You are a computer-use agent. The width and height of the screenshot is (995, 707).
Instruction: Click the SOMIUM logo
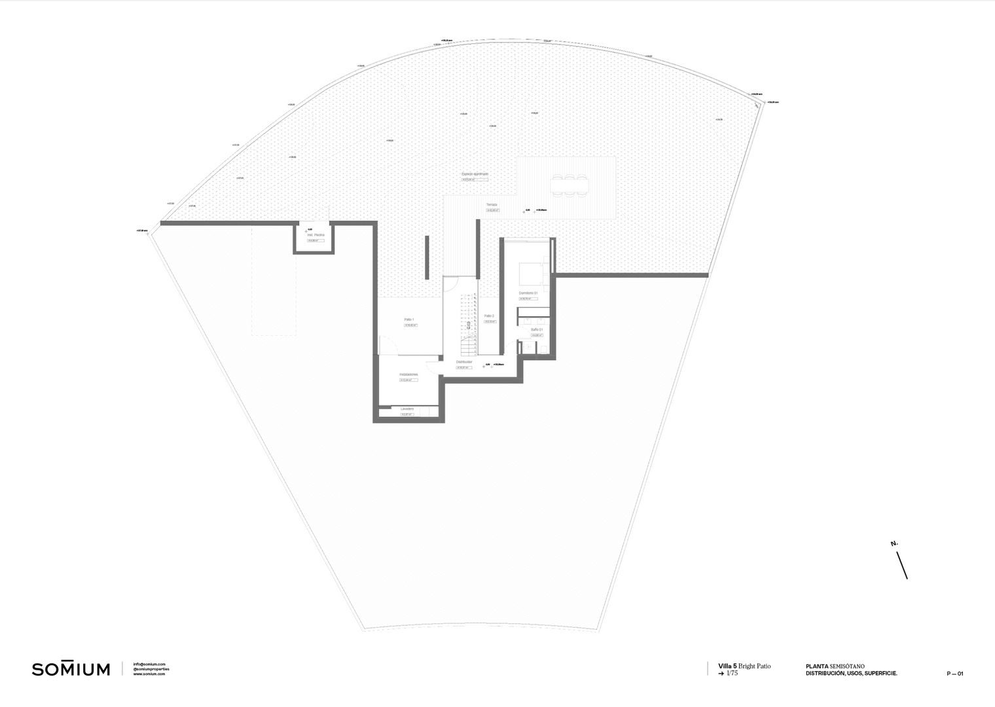(x=71, y=669)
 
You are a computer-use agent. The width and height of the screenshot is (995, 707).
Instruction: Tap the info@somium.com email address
(x=149, y=664)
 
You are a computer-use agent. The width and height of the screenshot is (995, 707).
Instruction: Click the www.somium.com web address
(x=149, y=674)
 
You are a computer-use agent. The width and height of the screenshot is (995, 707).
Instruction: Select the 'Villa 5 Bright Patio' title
(x=744, y=666)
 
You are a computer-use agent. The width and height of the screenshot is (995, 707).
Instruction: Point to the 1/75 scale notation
(x=731, y=673)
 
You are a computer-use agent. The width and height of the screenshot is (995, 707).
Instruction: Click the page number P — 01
(x=954, y=674)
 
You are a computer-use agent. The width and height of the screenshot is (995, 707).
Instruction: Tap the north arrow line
(x=901, y=564)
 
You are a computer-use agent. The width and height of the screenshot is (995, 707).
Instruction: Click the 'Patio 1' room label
(x=409, y=319)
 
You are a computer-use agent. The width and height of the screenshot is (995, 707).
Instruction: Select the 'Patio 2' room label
(x=489, y=316)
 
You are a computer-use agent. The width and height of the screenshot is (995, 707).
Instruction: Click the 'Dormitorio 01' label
(x=528, y=293)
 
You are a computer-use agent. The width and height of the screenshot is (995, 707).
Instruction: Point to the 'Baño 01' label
(x=537, y=329)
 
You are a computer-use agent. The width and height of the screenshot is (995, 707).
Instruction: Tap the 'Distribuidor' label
(x=464, y=361)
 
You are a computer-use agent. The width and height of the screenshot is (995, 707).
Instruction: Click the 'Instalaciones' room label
(x=408, y=374)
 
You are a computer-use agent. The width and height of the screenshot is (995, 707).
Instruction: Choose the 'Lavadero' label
(x=407, y=408)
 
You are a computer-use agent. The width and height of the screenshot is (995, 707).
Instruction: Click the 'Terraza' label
(x=492, y=205)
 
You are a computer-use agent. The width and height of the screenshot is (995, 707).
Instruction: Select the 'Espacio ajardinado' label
(x=475, y=174)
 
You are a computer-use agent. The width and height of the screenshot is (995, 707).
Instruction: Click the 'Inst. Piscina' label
(x=316, y=234)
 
